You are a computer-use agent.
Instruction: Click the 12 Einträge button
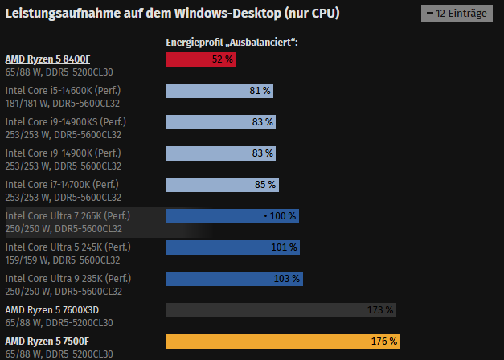pyautogui.click(x=457, y=14)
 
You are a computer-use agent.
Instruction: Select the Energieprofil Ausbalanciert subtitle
pyautogui.click(x=232, y=42)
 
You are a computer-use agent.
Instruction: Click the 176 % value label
pyautogui.click(x=384, y=342)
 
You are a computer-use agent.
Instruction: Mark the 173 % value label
pyautogui.click(x=381, y=310)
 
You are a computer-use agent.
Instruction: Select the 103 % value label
pyautogui.click(x=287, y=279)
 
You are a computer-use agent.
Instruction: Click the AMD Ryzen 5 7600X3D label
pyautogui.click(x=52, y=309)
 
